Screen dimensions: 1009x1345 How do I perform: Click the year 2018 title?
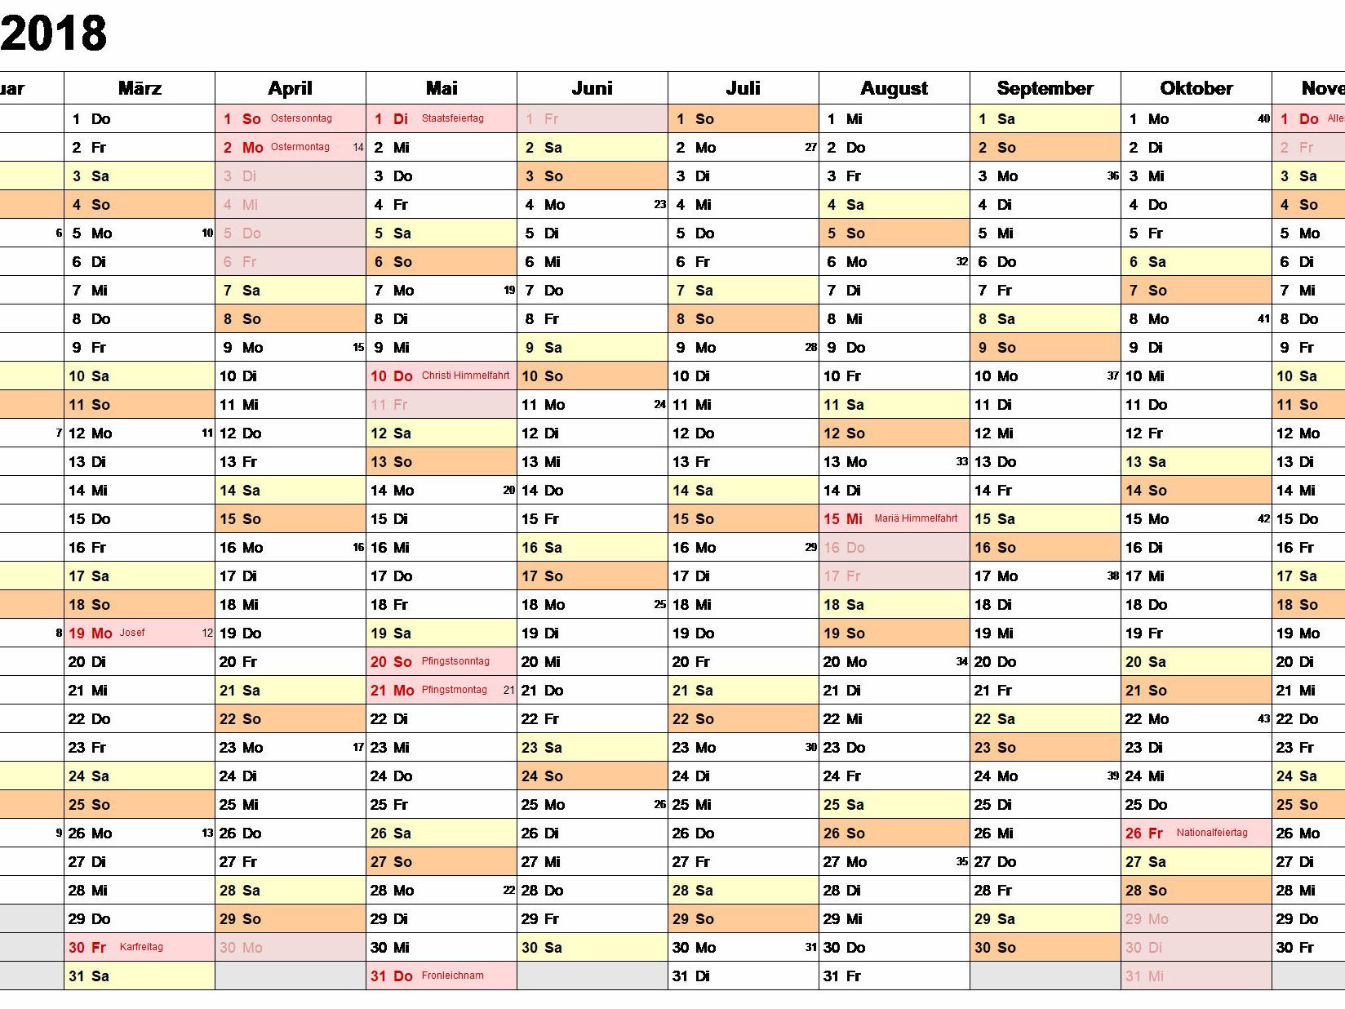point(54,33)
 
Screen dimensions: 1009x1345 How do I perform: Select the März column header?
point(140,88)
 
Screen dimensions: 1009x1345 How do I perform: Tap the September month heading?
point(1045,88)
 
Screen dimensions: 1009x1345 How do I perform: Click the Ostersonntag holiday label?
point(301,118)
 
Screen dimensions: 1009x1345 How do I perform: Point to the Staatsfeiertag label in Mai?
point(452,118)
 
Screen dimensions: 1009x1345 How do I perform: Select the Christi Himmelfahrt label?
point(465,376)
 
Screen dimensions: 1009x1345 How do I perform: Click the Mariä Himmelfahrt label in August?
point(916,518)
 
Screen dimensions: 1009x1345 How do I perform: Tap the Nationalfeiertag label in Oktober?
point(1212,833)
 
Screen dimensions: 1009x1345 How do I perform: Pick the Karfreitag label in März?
point(141,947)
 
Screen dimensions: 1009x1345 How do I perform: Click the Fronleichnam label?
point(452,976)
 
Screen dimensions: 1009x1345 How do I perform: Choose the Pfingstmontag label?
point(454,690)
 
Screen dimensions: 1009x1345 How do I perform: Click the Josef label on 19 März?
point(132,633)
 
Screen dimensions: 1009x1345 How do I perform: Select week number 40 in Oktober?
point(1263,118)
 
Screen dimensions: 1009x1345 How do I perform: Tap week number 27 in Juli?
point(810,148)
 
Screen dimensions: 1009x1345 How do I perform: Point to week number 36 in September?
point(1112,176)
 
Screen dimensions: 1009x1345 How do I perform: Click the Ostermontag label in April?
point(300,147)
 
